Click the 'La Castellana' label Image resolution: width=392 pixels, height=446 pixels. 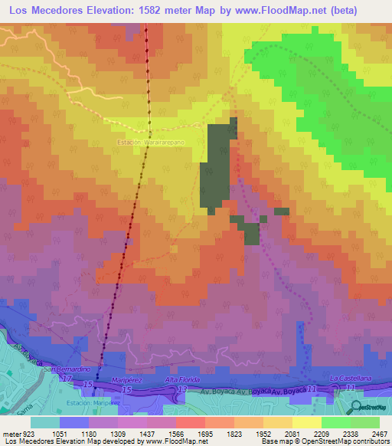point(350,379)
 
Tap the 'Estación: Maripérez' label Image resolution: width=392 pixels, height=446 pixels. point(91,402)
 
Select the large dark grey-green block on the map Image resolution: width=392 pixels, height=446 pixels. point(217,165)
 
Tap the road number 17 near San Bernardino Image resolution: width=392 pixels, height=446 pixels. point(67,378)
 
